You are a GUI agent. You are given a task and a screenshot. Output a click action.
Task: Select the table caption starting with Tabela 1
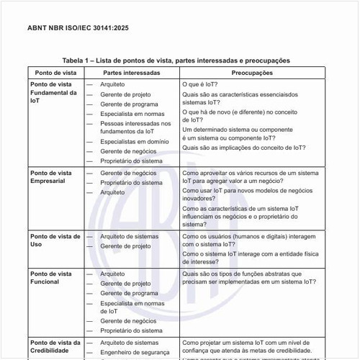click(176, 60)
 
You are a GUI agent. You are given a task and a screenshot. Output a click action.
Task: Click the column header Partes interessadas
click(132, 73)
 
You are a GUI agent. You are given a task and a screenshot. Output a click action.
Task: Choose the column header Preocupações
click(252, 73)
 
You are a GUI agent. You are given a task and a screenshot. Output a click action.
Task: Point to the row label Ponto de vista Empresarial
click(50, 177)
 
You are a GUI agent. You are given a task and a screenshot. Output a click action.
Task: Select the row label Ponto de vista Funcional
click(50, 278)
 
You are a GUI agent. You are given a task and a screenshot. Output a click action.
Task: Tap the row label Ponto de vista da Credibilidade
click(55, 346)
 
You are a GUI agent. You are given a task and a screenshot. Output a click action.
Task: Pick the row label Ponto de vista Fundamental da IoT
click(53, 93)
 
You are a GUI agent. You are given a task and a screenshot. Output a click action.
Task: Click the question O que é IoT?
click(200, 84)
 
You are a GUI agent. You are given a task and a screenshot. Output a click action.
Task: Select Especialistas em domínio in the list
click(133, 142)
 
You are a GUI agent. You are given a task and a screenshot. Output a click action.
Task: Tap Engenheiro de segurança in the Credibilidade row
click(135, 352)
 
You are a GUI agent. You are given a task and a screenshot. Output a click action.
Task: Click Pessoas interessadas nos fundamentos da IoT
click(135, 127)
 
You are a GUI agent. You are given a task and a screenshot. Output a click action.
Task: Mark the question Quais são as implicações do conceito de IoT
click(243, 147)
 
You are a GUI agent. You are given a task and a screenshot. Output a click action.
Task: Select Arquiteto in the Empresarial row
click(112, 193)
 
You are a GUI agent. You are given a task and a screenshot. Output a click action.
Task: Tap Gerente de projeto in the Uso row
click(125, 246)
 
